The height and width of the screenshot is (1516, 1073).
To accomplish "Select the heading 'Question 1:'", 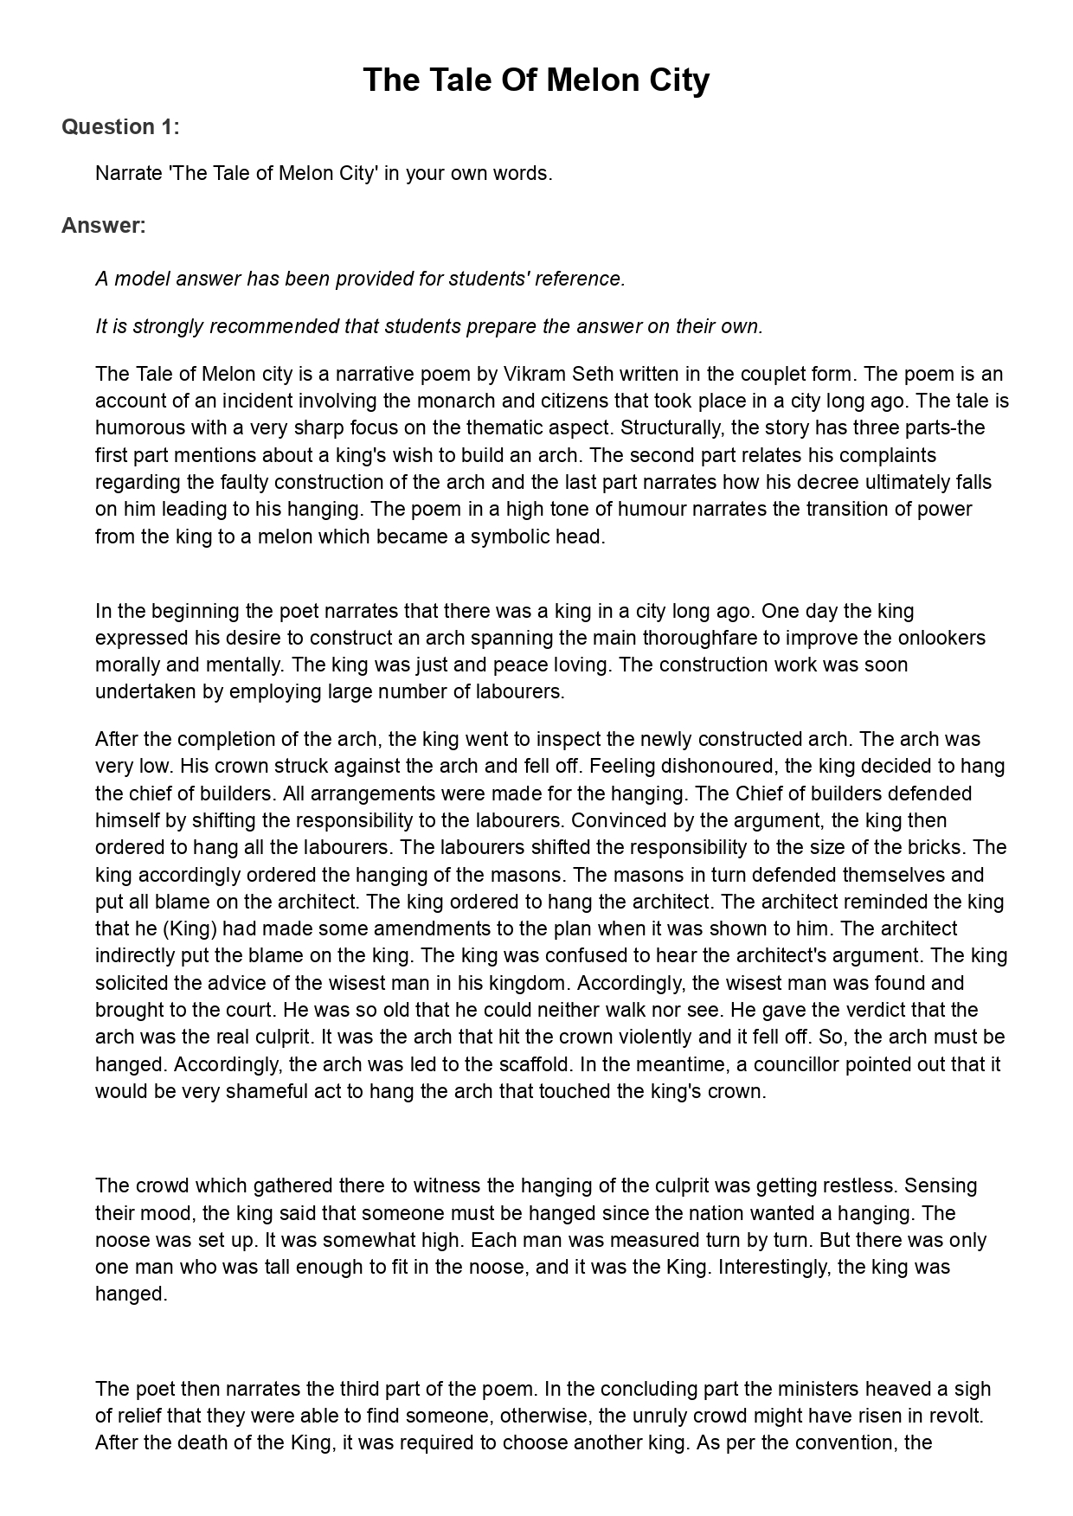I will pyautogui.click(x=120, y=127).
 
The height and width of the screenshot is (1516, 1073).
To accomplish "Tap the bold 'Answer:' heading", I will pyautogui.click(x=103, y=226).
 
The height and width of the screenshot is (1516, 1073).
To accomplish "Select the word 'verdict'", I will pyautogui.click(x=898, y=1011).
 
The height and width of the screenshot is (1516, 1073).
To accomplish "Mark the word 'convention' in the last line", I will pyautogui.click(x=845, y=1443).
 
